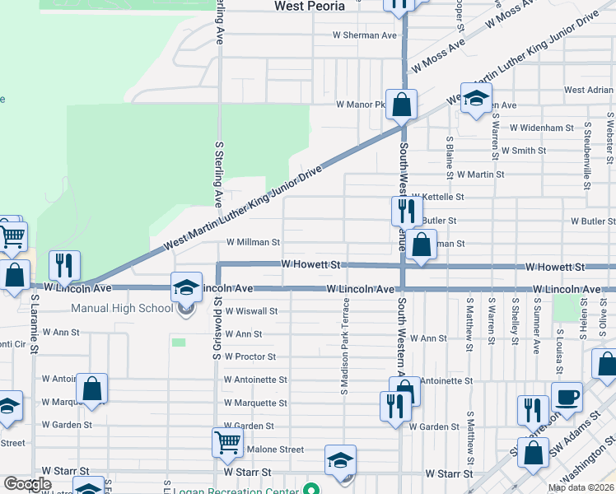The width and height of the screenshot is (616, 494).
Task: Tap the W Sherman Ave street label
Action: (x=364, y=35)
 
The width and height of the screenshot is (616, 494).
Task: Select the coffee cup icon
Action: (x=566, y=398)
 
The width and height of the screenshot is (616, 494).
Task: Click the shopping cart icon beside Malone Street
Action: (x=227, y=442)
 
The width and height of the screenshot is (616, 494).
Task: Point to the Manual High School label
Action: (x=122, y=309)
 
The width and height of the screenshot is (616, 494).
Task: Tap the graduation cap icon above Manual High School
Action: (x=186, y=287)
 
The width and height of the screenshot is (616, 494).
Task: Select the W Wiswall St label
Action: (x=250, y=311)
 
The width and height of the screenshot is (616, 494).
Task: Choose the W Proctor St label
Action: (x=250, y=357)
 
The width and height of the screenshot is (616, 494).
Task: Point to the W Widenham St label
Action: (x=541, y=128)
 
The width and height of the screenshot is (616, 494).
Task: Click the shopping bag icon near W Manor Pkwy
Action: (x=402, y=105)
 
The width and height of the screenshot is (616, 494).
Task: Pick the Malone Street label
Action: (x=276, y=450)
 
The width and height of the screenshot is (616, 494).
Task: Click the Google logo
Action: (x=26, y=484)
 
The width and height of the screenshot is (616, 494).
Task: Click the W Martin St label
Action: (x=481, y=175)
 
